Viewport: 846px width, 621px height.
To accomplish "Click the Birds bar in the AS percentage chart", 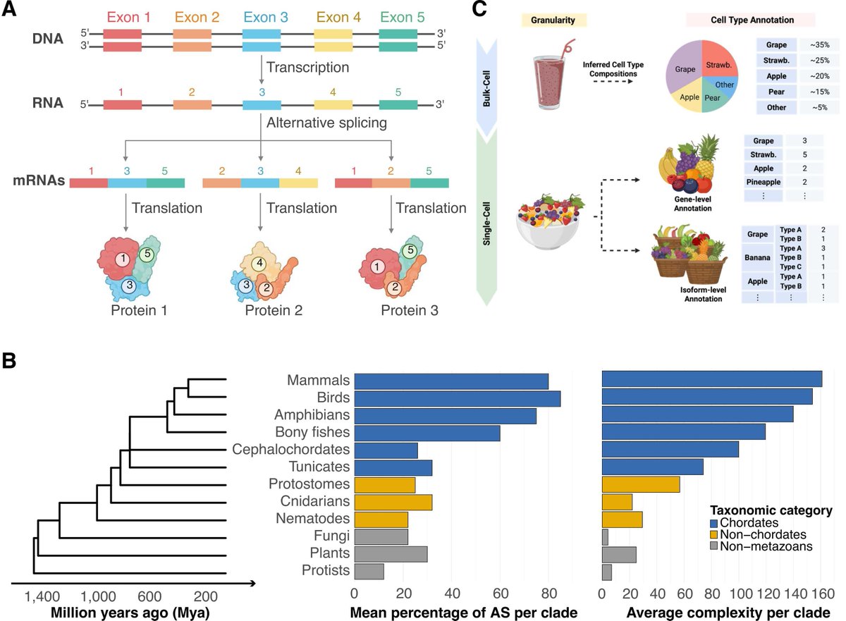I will pos(457,398).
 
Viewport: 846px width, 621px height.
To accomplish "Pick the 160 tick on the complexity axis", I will pos(822,594).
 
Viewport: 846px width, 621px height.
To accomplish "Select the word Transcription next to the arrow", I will pos(308,68).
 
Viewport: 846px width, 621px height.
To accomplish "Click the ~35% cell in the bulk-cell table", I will pos(820,44).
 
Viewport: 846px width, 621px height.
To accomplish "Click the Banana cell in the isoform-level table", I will pos(758,257).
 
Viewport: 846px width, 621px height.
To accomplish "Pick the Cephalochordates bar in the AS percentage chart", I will pos(386,450).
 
